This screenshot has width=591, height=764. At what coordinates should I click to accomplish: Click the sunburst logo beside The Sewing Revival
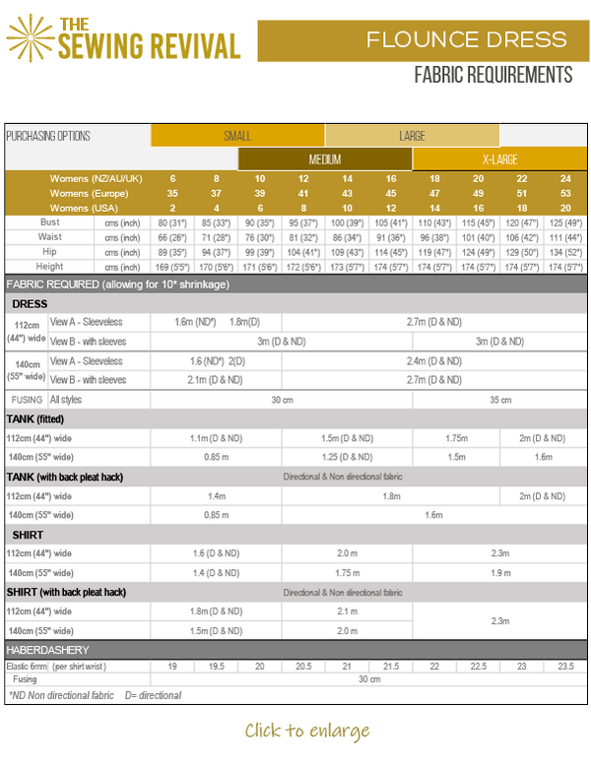click(30, 37)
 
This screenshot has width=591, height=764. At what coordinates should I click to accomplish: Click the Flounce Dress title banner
click(424, 40)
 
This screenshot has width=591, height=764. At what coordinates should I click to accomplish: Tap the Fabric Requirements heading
click(493, 75)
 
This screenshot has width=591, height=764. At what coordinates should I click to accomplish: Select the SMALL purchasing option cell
click(237, 136)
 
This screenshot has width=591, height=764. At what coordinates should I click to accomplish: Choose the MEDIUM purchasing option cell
click(325, 159)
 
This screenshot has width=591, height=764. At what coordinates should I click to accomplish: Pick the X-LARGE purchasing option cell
click(499, 159)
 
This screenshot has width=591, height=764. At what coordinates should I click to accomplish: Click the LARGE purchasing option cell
click(412, 136)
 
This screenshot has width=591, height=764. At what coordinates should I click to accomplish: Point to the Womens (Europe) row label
click(97, 193)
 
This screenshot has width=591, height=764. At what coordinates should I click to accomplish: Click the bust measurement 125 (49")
click(565, 223)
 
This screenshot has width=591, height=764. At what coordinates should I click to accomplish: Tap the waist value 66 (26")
click(172, 237)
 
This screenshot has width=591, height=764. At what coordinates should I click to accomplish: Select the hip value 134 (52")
click(565, 252)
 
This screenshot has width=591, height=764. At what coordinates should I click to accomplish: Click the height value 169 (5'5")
click(172, 267)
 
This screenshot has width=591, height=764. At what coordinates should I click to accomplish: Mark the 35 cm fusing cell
click(500, 400)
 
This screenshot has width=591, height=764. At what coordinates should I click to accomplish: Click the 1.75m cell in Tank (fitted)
click(456, 438)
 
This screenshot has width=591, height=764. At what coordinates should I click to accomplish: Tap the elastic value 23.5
click(565, 667)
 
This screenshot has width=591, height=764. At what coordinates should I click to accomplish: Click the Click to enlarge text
click(307, 731)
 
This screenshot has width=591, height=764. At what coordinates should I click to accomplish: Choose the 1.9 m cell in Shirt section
click(500, 572)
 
